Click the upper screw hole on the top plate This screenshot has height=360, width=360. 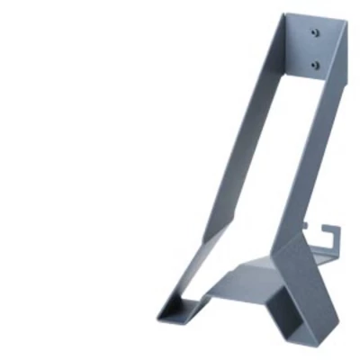pos(314,33)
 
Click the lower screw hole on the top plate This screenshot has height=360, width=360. pos(314,65)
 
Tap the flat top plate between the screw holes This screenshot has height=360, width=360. pos(314,49)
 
